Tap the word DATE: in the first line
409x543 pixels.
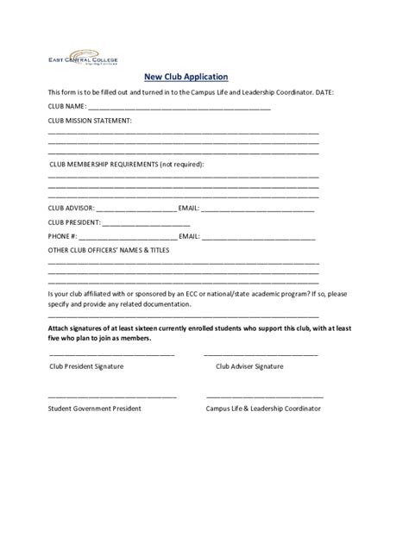[333, 92]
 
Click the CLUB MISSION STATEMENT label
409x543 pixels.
[90, 121]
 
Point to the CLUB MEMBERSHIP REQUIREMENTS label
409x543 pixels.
[127, 163]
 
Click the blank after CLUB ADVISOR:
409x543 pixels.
[135, 209]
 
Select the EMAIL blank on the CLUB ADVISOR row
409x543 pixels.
[258, 209]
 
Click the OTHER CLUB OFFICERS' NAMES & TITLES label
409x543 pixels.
[108, 250]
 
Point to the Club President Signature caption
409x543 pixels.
[86, 366]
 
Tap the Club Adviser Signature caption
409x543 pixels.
[249, 366]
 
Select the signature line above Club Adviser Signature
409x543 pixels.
[261, 355]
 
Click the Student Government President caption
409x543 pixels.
[95, 408]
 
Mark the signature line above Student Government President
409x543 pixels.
[112, 396]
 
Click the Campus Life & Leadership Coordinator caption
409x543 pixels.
[264, 408]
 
